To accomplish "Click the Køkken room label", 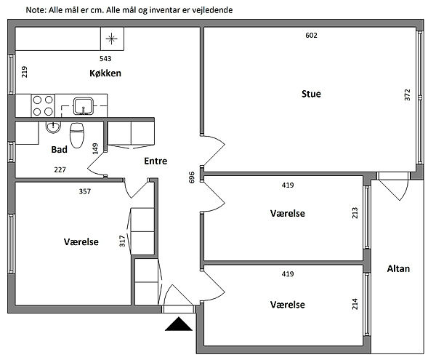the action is point(105,73).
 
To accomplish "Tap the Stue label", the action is point(311,94).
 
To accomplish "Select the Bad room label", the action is point(60,149).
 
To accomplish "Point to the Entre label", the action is point(156,161).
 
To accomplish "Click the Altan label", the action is point(398,268).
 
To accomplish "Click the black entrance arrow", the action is point(179,324).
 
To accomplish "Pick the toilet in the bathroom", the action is point(77,135).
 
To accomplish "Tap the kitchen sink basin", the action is point(83,106).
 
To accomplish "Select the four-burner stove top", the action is point(43,105).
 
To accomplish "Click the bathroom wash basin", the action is point(53,127).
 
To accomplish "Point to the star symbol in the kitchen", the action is point(111,39).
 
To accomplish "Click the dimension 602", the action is point(311,36).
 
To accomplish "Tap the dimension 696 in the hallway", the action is point(192,177).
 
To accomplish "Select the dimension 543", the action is point(105,58).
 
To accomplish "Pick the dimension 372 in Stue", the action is point(407,95).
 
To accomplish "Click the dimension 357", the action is point(85,191).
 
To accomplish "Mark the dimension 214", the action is point(355,304).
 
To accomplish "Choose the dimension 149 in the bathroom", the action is point(95,148).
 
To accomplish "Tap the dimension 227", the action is point(60,169).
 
